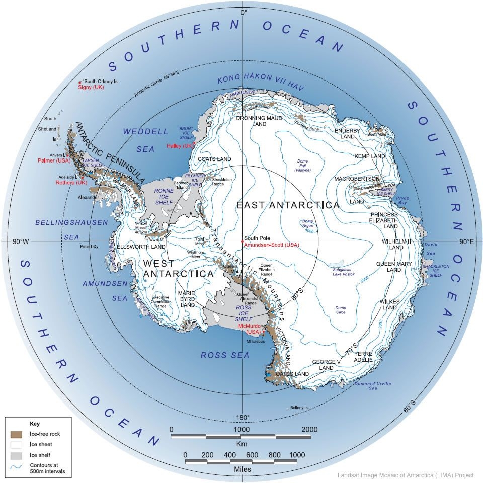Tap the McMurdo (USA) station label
point(250,328)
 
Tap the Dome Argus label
point(307,224)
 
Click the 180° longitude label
point(243,418)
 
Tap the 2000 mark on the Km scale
point(309,429)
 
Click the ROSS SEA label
point(225,355)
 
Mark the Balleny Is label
point(299,408)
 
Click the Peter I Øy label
point(91,247)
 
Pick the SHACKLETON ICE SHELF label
point(436,270)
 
